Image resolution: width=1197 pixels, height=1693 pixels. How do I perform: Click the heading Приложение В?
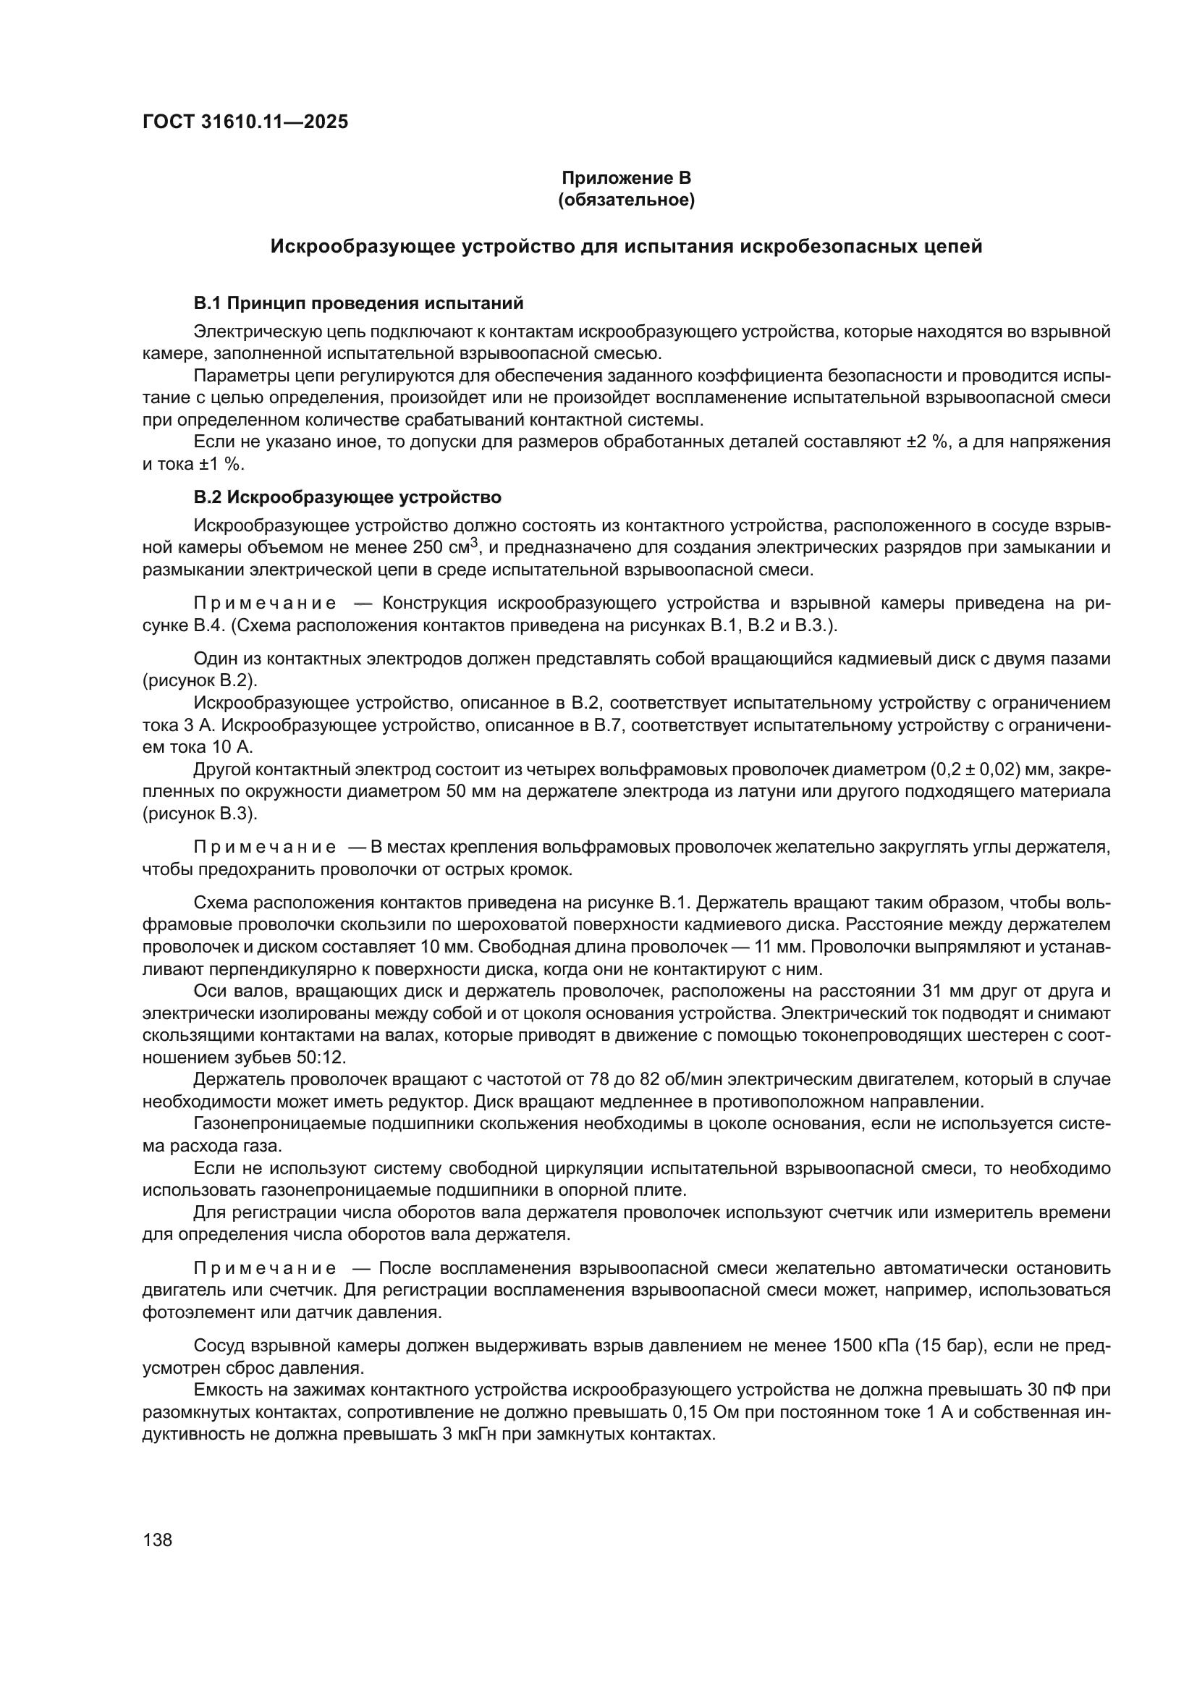coord(626,178)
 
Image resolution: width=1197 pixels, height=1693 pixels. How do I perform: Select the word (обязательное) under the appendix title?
coord(626,200)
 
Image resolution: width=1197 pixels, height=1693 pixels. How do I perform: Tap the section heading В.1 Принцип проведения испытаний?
coord(358,303)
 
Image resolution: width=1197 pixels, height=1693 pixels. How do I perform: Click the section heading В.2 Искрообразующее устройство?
coord(347,497)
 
